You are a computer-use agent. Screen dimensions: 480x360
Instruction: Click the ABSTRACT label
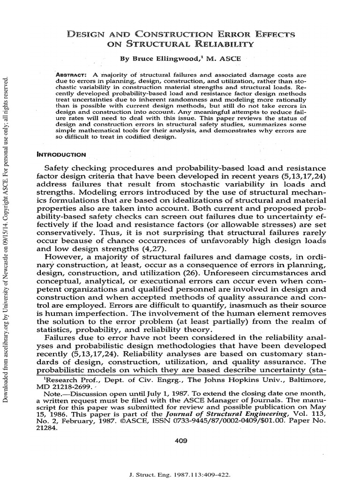pyautogui.click(x=70, y=75)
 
